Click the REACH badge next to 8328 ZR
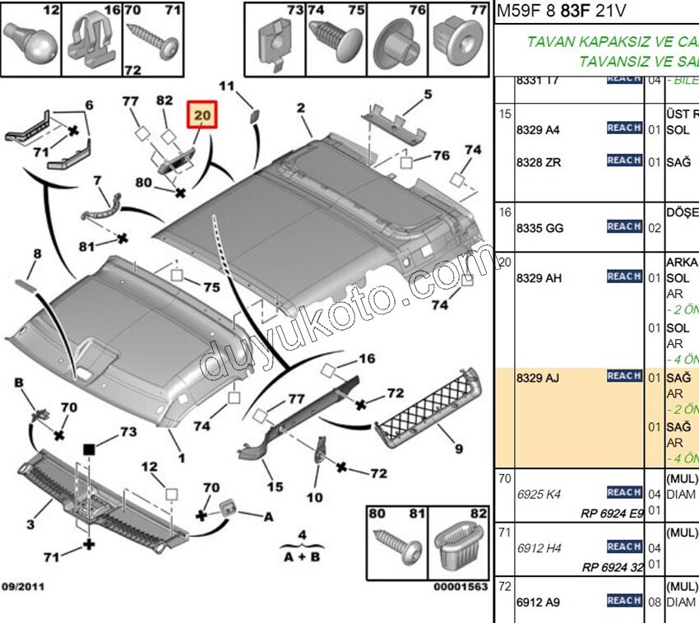pos(624,160)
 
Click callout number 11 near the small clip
pos(226,86)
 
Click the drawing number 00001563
pos(461,587)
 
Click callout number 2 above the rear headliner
pos(301,108)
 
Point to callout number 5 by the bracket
pos(428,94)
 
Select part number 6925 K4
pos(539,495)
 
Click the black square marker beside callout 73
pos(88,449)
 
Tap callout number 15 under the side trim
pos(275,486)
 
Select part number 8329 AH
pos(539,278)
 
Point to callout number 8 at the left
pos(35,255)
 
